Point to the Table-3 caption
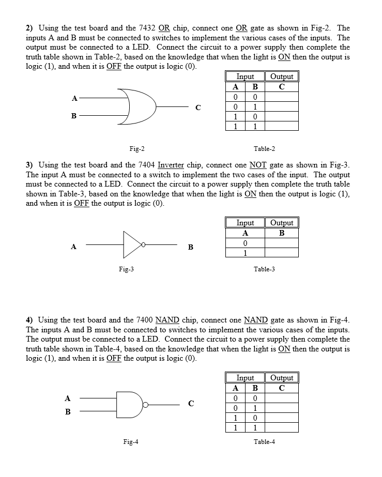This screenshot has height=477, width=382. tap(264, 269)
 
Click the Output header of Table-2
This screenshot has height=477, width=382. tap(282, 76)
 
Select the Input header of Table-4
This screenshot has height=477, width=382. tap(245, 378)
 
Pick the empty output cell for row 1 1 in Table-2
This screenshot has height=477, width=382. tap(282, 126)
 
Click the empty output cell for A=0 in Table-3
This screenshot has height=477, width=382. tap(282, 243)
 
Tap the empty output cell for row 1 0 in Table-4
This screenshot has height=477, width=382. tap(282, 418)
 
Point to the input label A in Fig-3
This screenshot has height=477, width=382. tap(74, 247)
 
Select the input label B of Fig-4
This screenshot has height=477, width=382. tap(67, 412)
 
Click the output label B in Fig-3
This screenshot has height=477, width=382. tap(190, 247)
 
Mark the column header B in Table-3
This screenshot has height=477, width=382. tap(282, 233)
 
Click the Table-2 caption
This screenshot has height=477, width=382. tap(264, 149)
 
